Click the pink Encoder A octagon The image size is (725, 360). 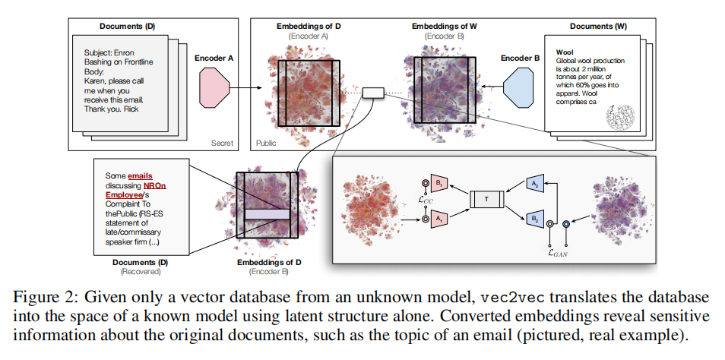214,87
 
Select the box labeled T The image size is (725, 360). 487,199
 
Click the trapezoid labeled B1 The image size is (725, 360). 438,184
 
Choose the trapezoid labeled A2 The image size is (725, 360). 535,185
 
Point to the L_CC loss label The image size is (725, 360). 425,200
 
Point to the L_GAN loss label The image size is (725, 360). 558,252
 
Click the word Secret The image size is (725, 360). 222,144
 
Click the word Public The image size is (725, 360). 266,144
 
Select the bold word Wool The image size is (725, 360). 565,52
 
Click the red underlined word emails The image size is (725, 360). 140,176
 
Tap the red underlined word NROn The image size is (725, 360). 154,186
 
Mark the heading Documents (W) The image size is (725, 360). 598,27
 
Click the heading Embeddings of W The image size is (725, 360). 445,27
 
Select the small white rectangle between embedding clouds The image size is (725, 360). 373,93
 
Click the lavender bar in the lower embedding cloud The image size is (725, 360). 268,214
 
